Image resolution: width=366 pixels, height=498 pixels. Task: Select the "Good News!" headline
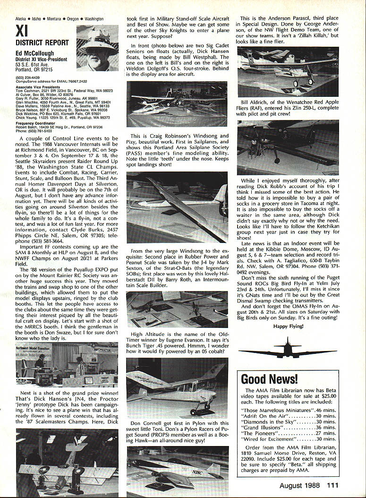pos(269,379)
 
